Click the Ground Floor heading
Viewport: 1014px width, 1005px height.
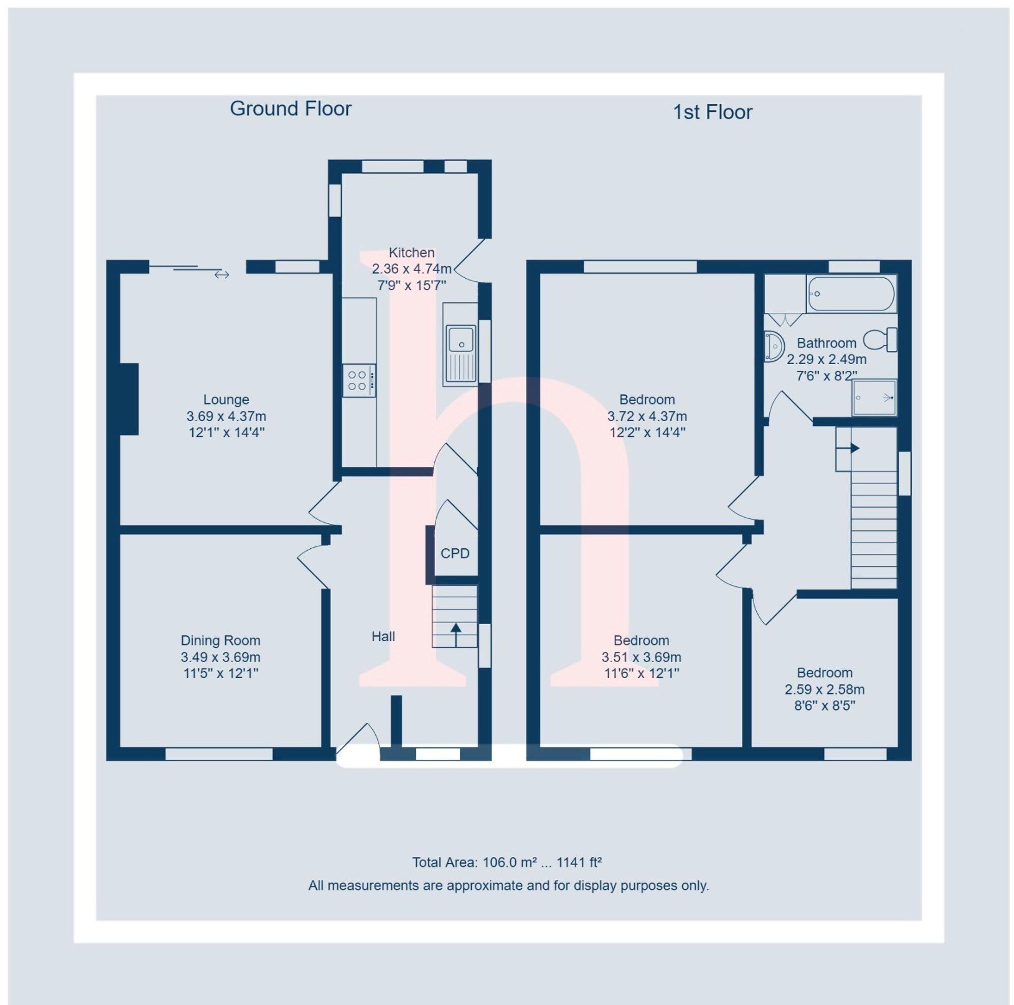(x=290, y=109)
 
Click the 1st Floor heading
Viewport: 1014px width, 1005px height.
(x=712, y=112)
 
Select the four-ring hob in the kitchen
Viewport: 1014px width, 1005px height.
(x=359, y=380)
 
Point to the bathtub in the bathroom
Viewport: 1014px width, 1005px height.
(x=850, y=294)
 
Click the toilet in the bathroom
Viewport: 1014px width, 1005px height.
(x=880, y=339)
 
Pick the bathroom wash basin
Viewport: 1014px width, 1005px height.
(x=773, y=346)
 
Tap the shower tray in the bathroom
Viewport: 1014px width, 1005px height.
(x=874, y=397)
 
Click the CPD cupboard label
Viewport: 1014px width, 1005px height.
(x=455, y=554)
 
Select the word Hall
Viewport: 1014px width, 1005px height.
(x=383, y=637)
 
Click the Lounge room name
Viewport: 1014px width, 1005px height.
(x=226, y=399)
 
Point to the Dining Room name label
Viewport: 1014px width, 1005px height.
(x=220, y=640)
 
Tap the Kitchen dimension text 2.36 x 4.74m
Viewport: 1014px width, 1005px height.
(x=411, y=269)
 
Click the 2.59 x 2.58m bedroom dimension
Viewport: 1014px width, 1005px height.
(x=824, y=690)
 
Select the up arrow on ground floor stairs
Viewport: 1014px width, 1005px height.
(x=455, y=634)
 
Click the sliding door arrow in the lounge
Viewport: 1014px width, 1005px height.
(x=222, y=275)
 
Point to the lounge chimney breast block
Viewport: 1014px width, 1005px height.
(x=129, y=399)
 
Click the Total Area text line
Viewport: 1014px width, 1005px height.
(x=506, y=862)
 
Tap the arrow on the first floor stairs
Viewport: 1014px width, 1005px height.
(x=850, y=448)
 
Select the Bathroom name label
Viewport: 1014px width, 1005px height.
(x=826, y=343)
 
